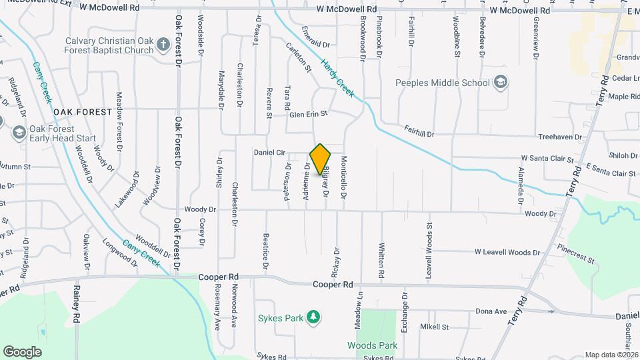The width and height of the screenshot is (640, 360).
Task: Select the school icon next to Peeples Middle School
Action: [x=501, y=83]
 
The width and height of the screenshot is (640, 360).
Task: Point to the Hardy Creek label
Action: [x=337, y=78]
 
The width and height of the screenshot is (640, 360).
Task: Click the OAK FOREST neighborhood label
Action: [x=83, y=112]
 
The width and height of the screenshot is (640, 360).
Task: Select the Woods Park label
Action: [x=372, y=345]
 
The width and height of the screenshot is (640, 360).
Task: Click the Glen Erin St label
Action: [x=309, y=115]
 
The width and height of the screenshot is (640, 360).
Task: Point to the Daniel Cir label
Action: [x=270, y=153]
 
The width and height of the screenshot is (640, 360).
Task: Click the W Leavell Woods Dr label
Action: [x=507, y=253]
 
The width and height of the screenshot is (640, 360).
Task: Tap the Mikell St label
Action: [x=434, y=327]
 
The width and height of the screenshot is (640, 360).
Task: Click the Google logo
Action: [x=22, y=351]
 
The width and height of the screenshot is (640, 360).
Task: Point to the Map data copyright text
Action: [x=611, y=355]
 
